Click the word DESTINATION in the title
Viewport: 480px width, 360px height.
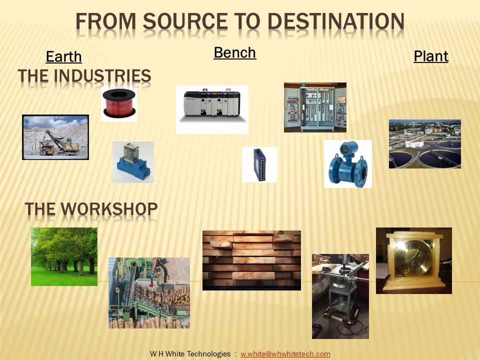click(x=336, y=21)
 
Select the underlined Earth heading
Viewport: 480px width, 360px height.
click(x=63, y=56)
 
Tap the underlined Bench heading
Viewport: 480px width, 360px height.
click(x=235, y=52)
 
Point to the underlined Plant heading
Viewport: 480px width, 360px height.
click(x=430, y=56)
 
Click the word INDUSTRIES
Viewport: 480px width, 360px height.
click(x=102, y=75)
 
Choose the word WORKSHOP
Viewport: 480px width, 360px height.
click(x=109, y=209)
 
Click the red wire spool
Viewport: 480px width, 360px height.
click(x=119, y=103)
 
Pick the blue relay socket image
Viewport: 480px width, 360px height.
click(x=133, y=162)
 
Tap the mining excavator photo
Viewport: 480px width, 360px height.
click(x=55, y=137)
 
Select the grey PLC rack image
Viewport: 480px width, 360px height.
click(x=212, y=109)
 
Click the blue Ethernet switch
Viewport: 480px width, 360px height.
click(x=259, y=164)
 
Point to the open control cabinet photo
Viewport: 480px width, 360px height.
click(x=315, y=107)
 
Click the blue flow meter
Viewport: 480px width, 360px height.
click(x=348, y=164)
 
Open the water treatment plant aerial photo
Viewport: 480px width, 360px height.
click(x=425, y=144)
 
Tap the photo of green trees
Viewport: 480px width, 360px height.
click(x=64, y=256)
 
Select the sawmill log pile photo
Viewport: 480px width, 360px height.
click(x=149, y=293)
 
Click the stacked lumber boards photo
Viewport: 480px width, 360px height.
click(x=251, y=260)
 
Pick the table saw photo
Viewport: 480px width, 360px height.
click(x=340, y=296)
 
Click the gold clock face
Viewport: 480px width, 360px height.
click(x=413, y=258)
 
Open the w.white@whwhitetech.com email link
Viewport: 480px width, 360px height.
click(x=285, y=354)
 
